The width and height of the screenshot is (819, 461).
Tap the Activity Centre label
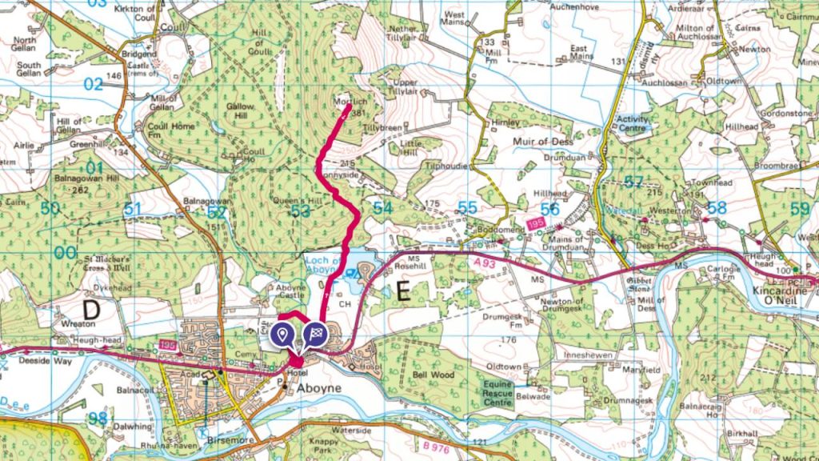click(633, 124)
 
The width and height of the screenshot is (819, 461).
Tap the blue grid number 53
click(300, 210)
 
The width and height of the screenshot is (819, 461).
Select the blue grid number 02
click(94, 84)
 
